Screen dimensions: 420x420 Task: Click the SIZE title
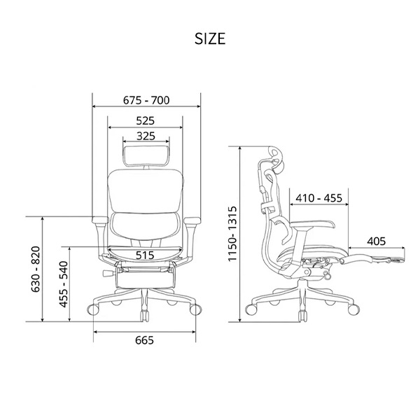[x=210, y=38]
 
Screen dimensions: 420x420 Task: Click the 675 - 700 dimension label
[x=146, y=100]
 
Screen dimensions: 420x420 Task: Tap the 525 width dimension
[x=145, y=121]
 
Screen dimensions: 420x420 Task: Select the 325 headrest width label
[x=146, y=136]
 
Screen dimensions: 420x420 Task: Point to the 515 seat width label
[x=145, y=255]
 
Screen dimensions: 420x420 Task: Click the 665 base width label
[x=144, y=340]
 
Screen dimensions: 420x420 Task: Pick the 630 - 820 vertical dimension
[x=36, y=269]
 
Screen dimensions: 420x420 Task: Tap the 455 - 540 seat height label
[x=64, y=284]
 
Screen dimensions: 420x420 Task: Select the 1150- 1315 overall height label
[x=232, y=234]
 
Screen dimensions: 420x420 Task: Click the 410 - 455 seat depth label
[x=318, y=198]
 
